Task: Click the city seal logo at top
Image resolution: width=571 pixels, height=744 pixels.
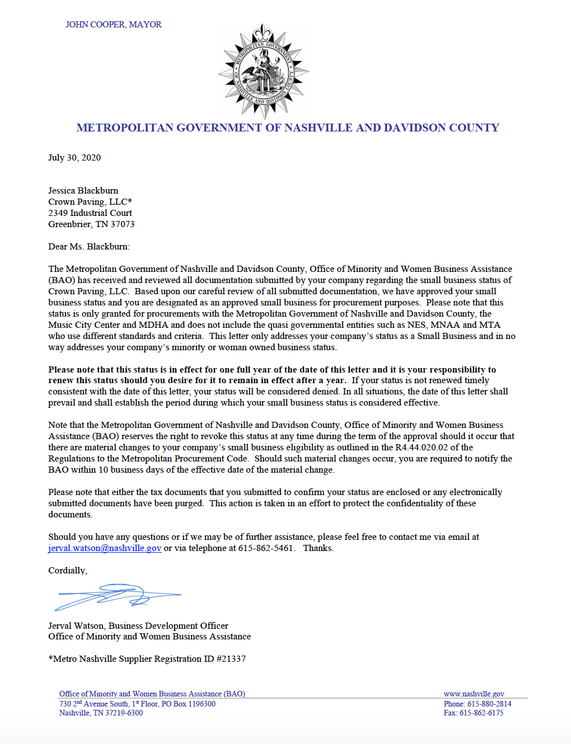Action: point(264,71)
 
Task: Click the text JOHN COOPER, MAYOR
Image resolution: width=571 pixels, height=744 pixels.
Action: point(114,25)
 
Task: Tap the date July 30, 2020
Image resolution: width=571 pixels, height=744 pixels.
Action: point(74,158)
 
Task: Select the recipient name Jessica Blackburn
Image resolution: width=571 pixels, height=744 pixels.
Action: point(83,191)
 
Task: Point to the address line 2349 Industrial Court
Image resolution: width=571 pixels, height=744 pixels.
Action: point(90,213)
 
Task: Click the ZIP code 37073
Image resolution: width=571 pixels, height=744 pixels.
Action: point(123,224)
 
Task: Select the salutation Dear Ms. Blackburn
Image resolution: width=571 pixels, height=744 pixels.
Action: point(88,247)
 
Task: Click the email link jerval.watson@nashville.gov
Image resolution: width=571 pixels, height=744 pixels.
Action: point(105,548)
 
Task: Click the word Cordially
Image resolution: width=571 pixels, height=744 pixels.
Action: point(67,571)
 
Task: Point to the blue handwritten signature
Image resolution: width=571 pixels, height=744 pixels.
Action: point(118,596)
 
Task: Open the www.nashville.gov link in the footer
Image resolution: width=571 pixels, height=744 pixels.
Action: point(474,694)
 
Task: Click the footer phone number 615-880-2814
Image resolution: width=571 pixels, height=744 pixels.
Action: point(489,704)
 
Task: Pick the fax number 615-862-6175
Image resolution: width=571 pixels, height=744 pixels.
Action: point(481,713)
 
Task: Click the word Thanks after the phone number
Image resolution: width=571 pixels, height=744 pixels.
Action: point(318,548)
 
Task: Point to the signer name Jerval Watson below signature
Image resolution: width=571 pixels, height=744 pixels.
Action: point(76,626)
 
